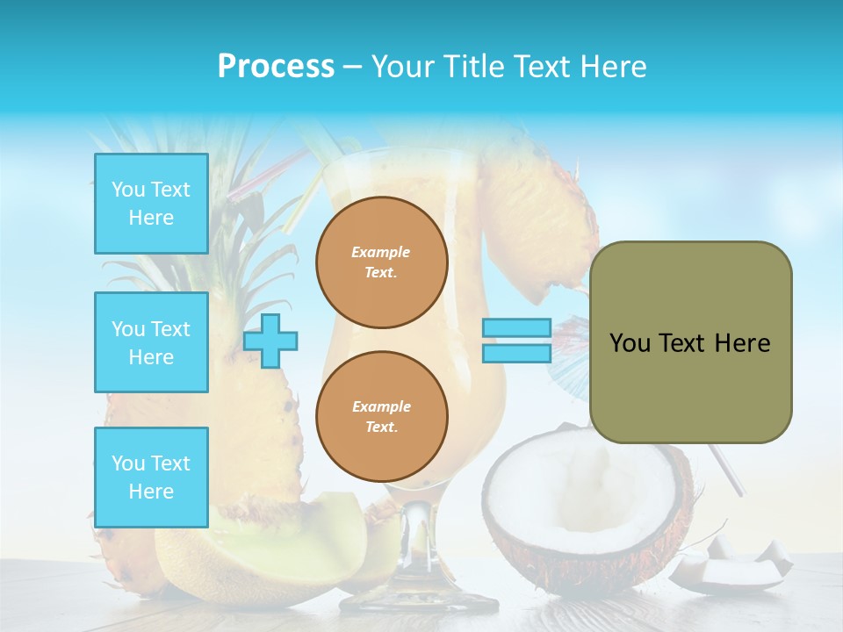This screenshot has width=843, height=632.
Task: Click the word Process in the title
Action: [276, 67]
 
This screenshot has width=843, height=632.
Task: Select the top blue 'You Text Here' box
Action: [151, 204]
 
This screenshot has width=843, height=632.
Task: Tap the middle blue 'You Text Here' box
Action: [151, 342]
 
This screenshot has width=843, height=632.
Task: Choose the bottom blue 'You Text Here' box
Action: [151, 477]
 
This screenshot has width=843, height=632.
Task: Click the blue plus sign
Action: [270, 341]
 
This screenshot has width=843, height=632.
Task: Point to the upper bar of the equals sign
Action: [516, 328]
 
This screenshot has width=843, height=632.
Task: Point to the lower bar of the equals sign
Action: [516, 353]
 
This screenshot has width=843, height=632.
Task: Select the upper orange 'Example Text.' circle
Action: [381, 262]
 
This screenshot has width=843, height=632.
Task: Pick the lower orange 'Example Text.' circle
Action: [381, 417]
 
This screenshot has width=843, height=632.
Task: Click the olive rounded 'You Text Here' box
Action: [690, 342]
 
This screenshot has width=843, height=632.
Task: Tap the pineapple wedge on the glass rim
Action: [536, 219]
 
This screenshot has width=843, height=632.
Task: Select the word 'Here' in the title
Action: [611, 67]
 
